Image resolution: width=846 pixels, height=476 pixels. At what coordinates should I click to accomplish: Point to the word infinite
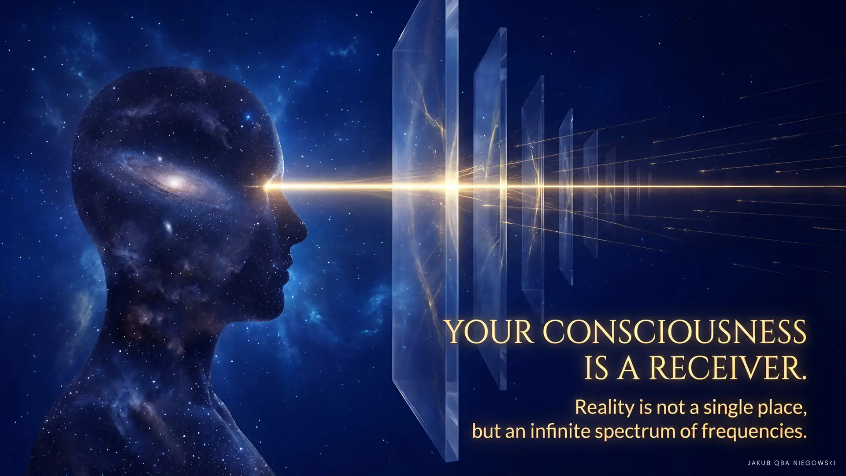tap(558, 431)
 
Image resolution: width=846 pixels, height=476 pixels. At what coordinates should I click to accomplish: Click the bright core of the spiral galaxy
tap(174, 181)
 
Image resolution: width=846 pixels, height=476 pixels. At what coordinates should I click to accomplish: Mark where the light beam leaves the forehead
tap(266, 187)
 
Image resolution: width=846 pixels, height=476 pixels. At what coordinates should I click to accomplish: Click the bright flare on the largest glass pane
tap(452, 186)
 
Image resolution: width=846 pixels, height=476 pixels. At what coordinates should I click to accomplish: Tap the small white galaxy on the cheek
tap(168, 228)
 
